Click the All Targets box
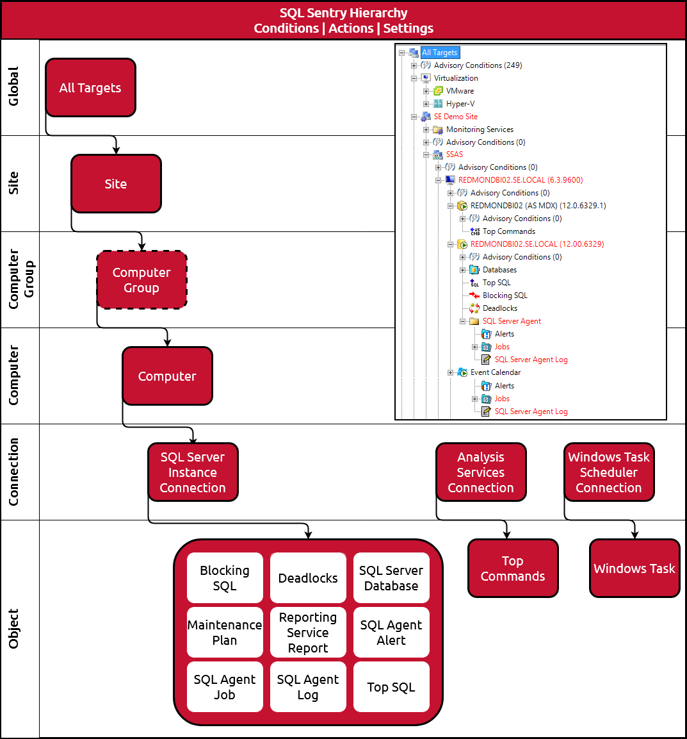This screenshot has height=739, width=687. click(x=90, y=88)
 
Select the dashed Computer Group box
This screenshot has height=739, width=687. click(x=141, y=280)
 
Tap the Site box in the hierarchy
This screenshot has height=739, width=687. click(x=116, y=184)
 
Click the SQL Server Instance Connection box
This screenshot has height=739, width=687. click(x=193, y=472)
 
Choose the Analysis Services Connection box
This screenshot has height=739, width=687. click(x=481, y=472)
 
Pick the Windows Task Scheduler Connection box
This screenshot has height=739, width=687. click(x=609, y=472)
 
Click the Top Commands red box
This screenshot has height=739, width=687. click(x=513, y=569)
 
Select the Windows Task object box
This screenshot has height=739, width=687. click(x=634, y=569)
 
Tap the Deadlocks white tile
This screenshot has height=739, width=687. click(x=308, y=578)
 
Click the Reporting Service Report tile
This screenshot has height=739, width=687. click(x=308, y=633)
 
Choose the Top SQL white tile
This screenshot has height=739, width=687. click(x=391, y=687)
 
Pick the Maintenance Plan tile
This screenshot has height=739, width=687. click(x=225, y=633)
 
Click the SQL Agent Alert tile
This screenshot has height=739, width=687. click(x=391, y=633)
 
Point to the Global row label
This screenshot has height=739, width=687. click(x=13, y=87)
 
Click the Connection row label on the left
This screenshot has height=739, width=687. click(x=13, y=472)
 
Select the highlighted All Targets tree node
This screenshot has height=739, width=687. click(x=440, y=53)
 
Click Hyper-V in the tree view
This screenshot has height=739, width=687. click(x=460, y=104)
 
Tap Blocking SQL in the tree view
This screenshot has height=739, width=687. click(x=505, y=295)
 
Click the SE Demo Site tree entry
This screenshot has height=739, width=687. click(x=455, y=117)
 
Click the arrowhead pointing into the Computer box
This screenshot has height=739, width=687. click(x=167, y=343)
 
